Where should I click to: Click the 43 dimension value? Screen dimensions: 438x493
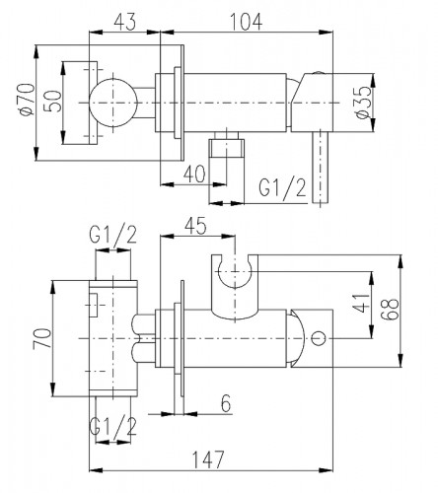pyautogui.click(x=124, y=23)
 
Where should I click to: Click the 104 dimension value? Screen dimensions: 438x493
pyautogui.click(x=246, y=22)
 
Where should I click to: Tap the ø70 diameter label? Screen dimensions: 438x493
pyautogui.click(x=27, y=100)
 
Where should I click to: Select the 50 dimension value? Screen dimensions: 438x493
pyautogui.click(x=52, y=102)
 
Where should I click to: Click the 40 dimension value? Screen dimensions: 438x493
pyautogui.click(x=194, y=174)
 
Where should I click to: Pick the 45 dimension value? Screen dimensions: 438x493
pyautogui.click(x=195, y=226)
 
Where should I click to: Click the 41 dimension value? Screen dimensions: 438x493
pyautogui.click(x=361, y=303)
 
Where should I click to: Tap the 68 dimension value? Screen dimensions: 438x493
pyautogui.click(x=390, y=310)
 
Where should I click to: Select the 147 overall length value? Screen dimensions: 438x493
pyautogui.click(x=208, y=459)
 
